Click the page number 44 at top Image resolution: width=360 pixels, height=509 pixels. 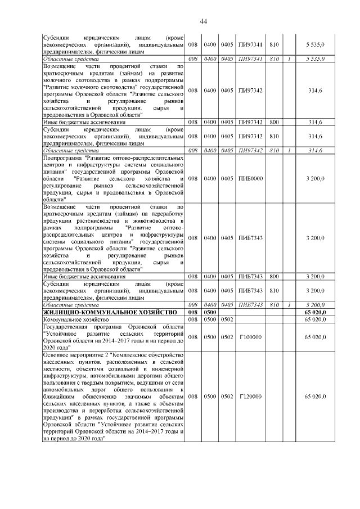pyautogui.click(x=204, y=21)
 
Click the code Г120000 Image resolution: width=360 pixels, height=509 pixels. pyautogui.click(x=250, y=397)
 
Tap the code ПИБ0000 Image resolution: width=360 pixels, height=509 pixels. pyautogui.click(x=251, y=179)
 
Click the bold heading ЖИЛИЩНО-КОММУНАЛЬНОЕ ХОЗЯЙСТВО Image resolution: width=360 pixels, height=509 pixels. pyautogui.click(x=110, y=312)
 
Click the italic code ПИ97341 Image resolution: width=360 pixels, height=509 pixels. pyautogui.click(x=250, y=58)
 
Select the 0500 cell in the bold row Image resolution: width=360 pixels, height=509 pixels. pyautogui.click(x=210, y=312)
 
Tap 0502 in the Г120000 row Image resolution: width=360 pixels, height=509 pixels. pyautogui.click(x=227, y=397)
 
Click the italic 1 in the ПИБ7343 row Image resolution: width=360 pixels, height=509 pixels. pyautogui.click(x=288, y=304)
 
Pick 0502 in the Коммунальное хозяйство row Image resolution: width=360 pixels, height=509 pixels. pyautogui.click(x=227, y=319)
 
